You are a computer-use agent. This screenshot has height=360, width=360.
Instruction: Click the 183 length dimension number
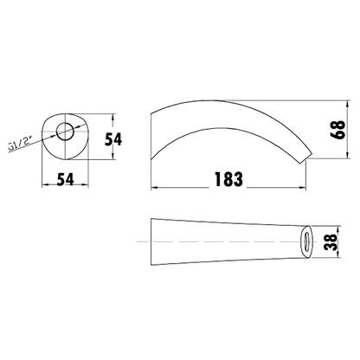pyautogui.click(x=227, y=179)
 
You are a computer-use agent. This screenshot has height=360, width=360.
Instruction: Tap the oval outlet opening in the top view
pyautogui.click(x=307, y=241)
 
